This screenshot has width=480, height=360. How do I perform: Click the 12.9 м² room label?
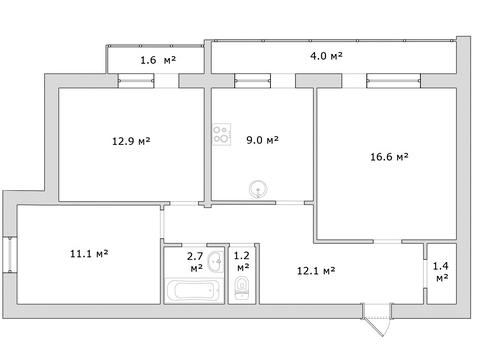[x=131, y=141]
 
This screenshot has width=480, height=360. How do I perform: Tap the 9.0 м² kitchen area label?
[x=262, y=140]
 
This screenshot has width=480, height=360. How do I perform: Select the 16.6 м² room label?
[x=389, y=156]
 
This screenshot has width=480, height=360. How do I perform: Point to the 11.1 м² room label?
[x=89, y=254]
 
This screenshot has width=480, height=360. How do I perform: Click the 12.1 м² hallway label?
[x=316, y=270]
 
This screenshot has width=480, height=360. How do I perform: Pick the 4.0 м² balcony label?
[x=326, y=56]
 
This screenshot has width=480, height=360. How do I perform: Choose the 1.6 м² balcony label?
[x=158, y=60]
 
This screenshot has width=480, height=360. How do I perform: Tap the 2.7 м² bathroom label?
[x=196, y=262]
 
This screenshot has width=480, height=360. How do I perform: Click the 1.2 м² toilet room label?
[x=242, y=261]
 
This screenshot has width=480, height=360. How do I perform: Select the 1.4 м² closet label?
[x=441, y=272]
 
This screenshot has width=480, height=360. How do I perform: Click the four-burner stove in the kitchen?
[x=222, y=134]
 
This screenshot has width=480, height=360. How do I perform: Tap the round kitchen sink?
[x=258, y=189]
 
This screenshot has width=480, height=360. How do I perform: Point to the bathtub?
[x=193, y=291]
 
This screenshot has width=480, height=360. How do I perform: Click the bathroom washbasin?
[x=216, y=261]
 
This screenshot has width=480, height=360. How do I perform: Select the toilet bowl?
[x=242, y=287]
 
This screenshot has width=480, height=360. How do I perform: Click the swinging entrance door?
[x=377, y=320]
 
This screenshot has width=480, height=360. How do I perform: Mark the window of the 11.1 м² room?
[x=10, y=254]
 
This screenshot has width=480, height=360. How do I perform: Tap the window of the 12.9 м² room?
[x=136, y=81]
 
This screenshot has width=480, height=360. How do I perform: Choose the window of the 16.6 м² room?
[x=393, y=81]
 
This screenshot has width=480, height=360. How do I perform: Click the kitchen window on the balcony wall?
[x=252, y=81]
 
